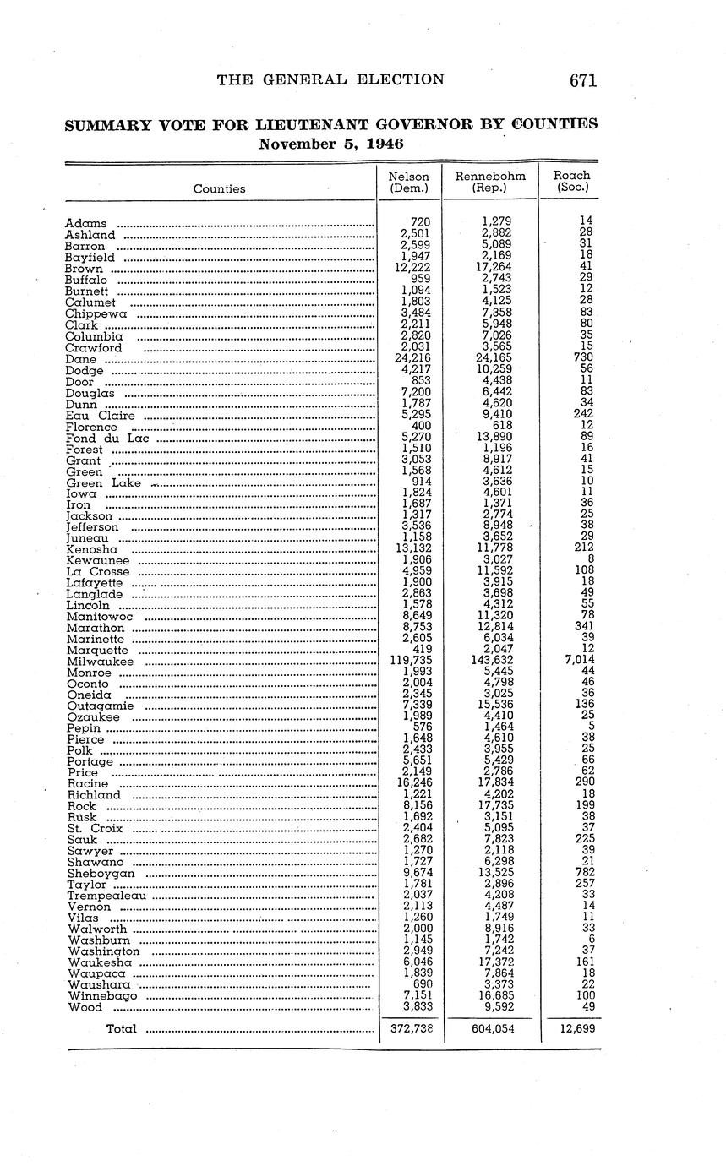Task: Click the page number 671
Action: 583,80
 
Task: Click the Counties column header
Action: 219,188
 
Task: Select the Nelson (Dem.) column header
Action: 408,183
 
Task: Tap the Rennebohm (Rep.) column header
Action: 490,183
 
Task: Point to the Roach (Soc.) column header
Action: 572,183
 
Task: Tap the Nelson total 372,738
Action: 412,1028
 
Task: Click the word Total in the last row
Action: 122,1028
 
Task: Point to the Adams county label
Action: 86,224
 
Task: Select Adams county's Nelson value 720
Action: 420,221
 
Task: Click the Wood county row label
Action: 85,1006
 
